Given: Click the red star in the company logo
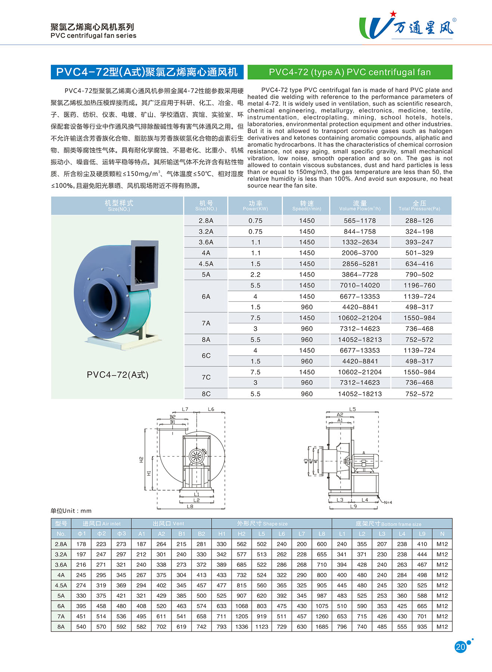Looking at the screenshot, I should click(393, 14).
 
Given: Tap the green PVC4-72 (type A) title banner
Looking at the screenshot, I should click(350, 72).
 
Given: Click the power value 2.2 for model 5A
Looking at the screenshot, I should click(255, 274).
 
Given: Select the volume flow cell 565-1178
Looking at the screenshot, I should click(360, 221).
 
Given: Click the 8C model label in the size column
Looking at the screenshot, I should click(206, 394).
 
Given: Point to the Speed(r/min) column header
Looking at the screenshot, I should click(306, 206).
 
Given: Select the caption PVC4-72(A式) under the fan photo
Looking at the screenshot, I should click(117, 375).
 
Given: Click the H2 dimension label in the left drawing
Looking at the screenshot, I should click(141, 460).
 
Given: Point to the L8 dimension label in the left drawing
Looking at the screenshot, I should click(190, 507).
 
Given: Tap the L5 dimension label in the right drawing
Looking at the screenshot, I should click(352, 409).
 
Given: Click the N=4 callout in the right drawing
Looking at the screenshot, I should click(388, 503).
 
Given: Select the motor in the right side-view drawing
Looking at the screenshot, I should click(365, 461).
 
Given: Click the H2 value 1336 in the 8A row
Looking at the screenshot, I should click(241, 627).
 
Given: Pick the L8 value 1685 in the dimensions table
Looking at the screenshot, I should click(322, 627).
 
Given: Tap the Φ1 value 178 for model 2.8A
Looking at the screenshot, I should click(81, 544).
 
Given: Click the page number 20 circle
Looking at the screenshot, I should click(460, 647).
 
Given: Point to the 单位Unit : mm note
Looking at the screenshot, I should click(71, 511).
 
